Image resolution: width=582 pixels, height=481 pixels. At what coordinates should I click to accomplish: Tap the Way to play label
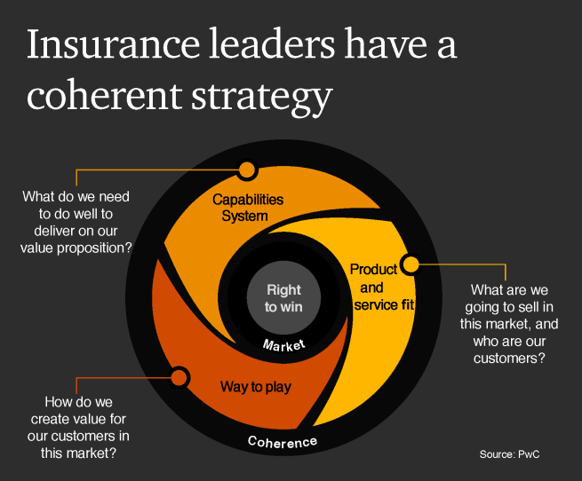pos(256,386)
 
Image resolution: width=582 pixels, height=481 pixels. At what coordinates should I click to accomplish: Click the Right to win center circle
pos(283,298)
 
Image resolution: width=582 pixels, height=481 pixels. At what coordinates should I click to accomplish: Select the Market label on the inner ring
pos(284,344)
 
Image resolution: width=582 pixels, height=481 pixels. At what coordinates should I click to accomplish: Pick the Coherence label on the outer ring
pos(282,441)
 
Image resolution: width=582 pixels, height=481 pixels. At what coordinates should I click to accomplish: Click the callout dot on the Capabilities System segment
pos(247,169)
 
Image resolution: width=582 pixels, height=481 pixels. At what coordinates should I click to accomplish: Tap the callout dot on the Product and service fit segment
pos(410,264)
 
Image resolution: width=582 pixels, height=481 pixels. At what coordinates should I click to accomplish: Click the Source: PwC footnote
pos(509,453)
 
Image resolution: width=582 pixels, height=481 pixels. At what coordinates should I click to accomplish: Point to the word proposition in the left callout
pos(95,248)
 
